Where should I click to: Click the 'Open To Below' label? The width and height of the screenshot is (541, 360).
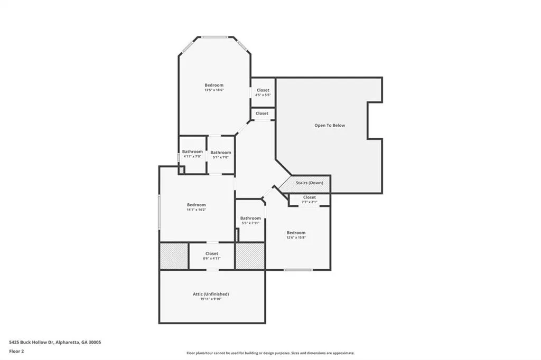coord(330,126)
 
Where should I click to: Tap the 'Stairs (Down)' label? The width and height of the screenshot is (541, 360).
coord(310,183)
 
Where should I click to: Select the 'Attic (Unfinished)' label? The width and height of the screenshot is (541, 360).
coord(211,294)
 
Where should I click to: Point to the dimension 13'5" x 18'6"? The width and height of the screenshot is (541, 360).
coord(214,90)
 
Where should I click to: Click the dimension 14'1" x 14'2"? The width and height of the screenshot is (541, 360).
coord(197,210)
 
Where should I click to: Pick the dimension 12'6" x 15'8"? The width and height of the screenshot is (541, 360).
coord(296,238)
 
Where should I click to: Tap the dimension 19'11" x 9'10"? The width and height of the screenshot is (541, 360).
coord(211,299)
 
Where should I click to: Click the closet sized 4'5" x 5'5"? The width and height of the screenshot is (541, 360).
coord(263,92)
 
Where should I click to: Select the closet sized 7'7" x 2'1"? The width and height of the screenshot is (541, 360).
coord(310,200)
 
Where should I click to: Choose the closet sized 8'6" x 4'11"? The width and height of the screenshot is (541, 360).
coord(212,256)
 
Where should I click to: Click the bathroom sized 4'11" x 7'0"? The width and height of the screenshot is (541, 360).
coord(192,154)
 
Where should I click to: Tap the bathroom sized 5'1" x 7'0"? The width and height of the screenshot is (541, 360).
coord(221,155)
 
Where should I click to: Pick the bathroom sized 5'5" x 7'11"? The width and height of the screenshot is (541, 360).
coord(250,220)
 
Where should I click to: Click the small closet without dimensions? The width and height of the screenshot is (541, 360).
coord(262,113)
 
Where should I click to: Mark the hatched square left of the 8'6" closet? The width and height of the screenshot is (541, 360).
coord(174,256)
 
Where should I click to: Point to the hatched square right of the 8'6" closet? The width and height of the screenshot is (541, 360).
coord(250,256)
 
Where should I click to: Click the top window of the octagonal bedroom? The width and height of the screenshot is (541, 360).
coord(214,37)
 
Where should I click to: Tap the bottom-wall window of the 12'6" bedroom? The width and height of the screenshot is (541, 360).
coord(298,270)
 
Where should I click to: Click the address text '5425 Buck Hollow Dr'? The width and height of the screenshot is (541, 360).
coord(31,343)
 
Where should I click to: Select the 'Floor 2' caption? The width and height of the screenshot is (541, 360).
coord(16,352)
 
